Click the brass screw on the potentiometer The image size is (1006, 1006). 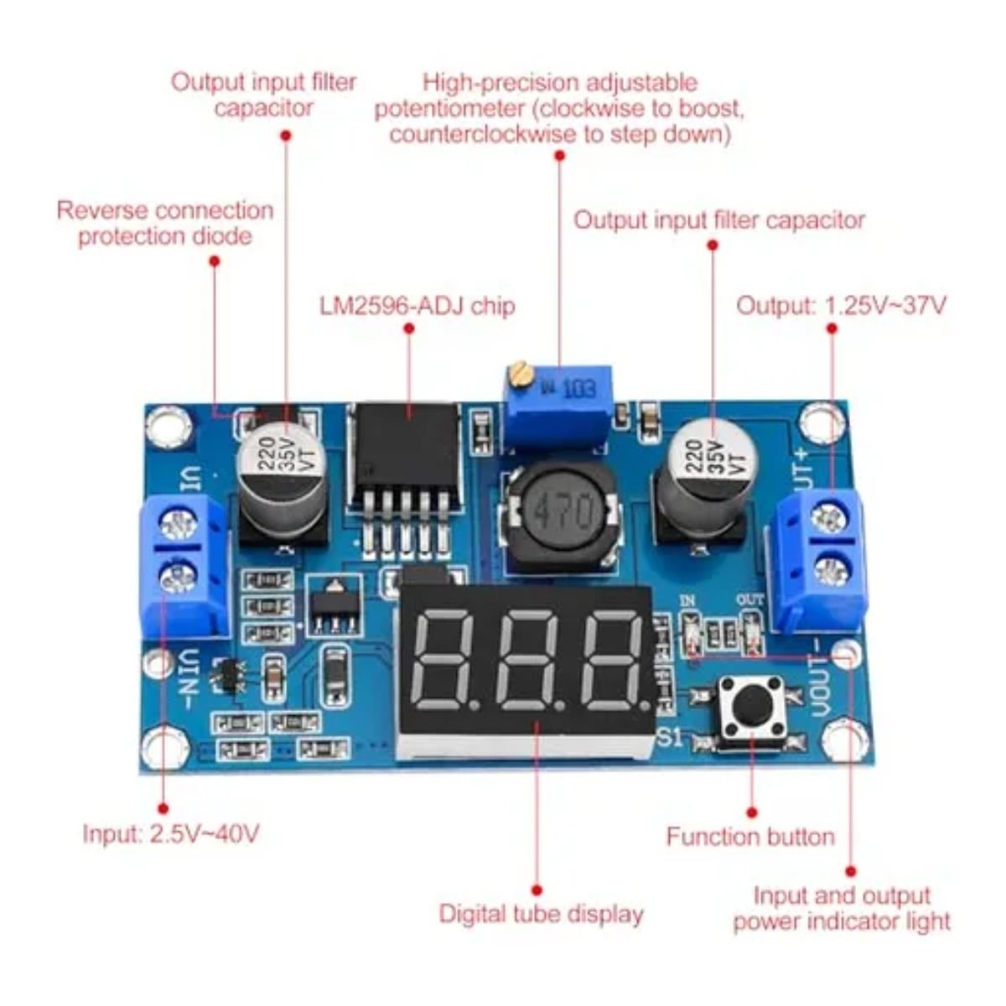(520, 374)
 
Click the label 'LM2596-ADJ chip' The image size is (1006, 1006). (417, 307)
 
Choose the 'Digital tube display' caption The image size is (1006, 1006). (541, 914)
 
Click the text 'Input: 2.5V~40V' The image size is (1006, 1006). (171, 833)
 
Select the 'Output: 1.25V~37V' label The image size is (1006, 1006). (841, 306)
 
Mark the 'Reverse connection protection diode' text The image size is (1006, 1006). (165, 224)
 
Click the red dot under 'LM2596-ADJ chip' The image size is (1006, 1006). (409, 329)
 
